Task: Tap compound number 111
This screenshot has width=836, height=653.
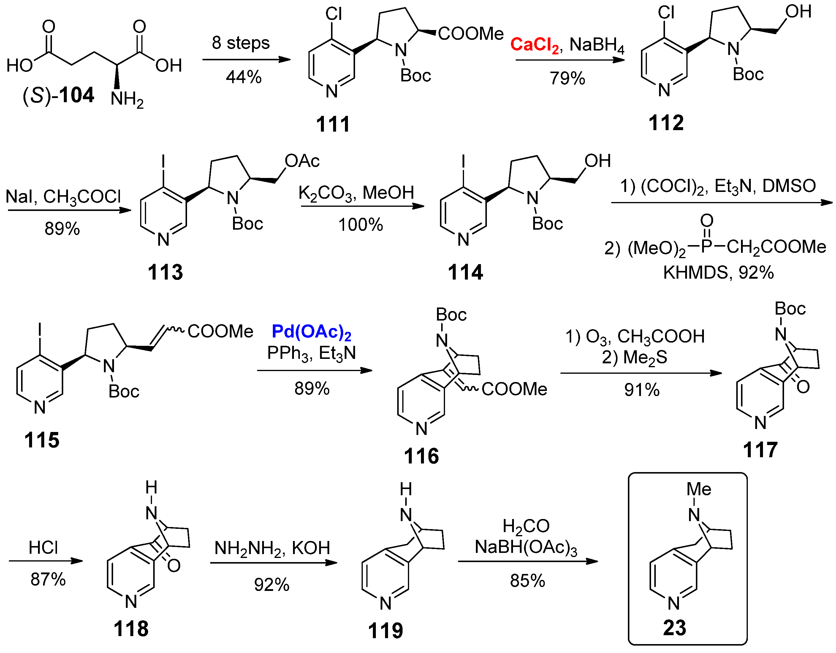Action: click(333, 124)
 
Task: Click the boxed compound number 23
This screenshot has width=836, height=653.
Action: click(674, 628)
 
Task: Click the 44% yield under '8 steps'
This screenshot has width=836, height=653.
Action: click(243, 77)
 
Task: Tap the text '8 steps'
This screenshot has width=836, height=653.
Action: click(241, 43)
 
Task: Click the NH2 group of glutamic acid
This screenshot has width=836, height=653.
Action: click(127, 100)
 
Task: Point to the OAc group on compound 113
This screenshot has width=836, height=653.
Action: click(302, 161)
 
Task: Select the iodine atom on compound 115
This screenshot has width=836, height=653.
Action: click(39, 330)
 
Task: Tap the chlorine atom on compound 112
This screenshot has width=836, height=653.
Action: click(666, 13)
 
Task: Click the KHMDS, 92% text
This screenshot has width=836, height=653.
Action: click(718, 273)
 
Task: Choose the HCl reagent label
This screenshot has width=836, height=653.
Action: click(43, 548)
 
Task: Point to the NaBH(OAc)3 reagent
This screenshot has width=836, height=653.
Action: click(526, 548)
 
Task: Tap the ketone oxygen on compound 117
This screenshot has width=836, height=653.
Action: click(803, 387)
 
